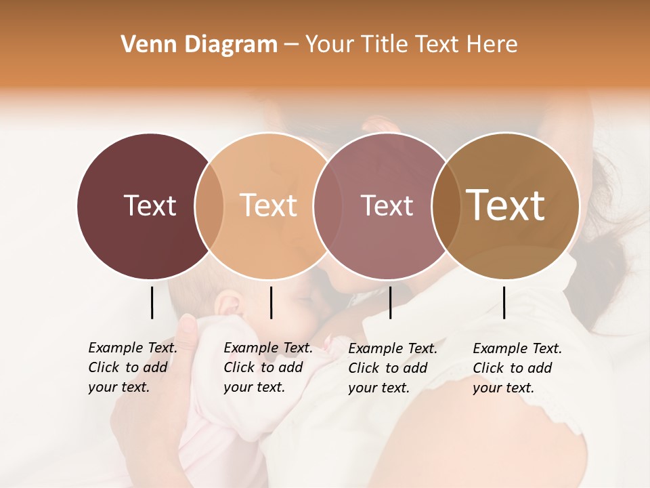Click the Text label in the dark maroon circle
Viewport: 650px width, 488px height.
tap(150, 205)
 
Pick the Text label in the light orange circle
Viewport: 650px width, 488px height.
tap(269, 205)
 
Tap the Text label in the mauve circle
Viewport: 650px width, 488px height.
tap(387, 205)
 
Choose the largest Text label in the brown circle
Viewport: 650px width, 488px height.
tap(506, 205)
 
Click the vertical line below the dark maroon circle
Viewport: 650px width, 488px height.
tap(152, 302)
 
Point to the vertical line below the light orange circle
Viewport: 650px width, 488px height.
tap(271, 302)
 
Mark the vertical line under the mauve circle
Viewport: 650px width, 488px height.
tap(390, 302)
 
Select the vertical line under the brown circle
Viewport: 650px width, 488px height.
tap(504, 302)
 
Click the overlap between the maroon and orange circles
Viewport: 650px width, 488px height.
tap(209, 205)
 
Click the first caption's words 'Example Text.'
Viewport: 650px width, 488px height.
tap(133, 348)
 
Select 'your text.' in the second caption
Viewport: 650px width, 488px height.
tap(254, 387)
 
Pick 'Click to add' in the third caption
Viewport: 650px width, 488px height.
tap(388, 368)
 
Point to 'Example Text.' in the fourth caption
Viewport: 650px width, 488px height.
tap(517, 348)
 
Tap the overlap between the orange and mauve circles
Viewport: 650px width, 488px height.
tap(326, 205)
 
